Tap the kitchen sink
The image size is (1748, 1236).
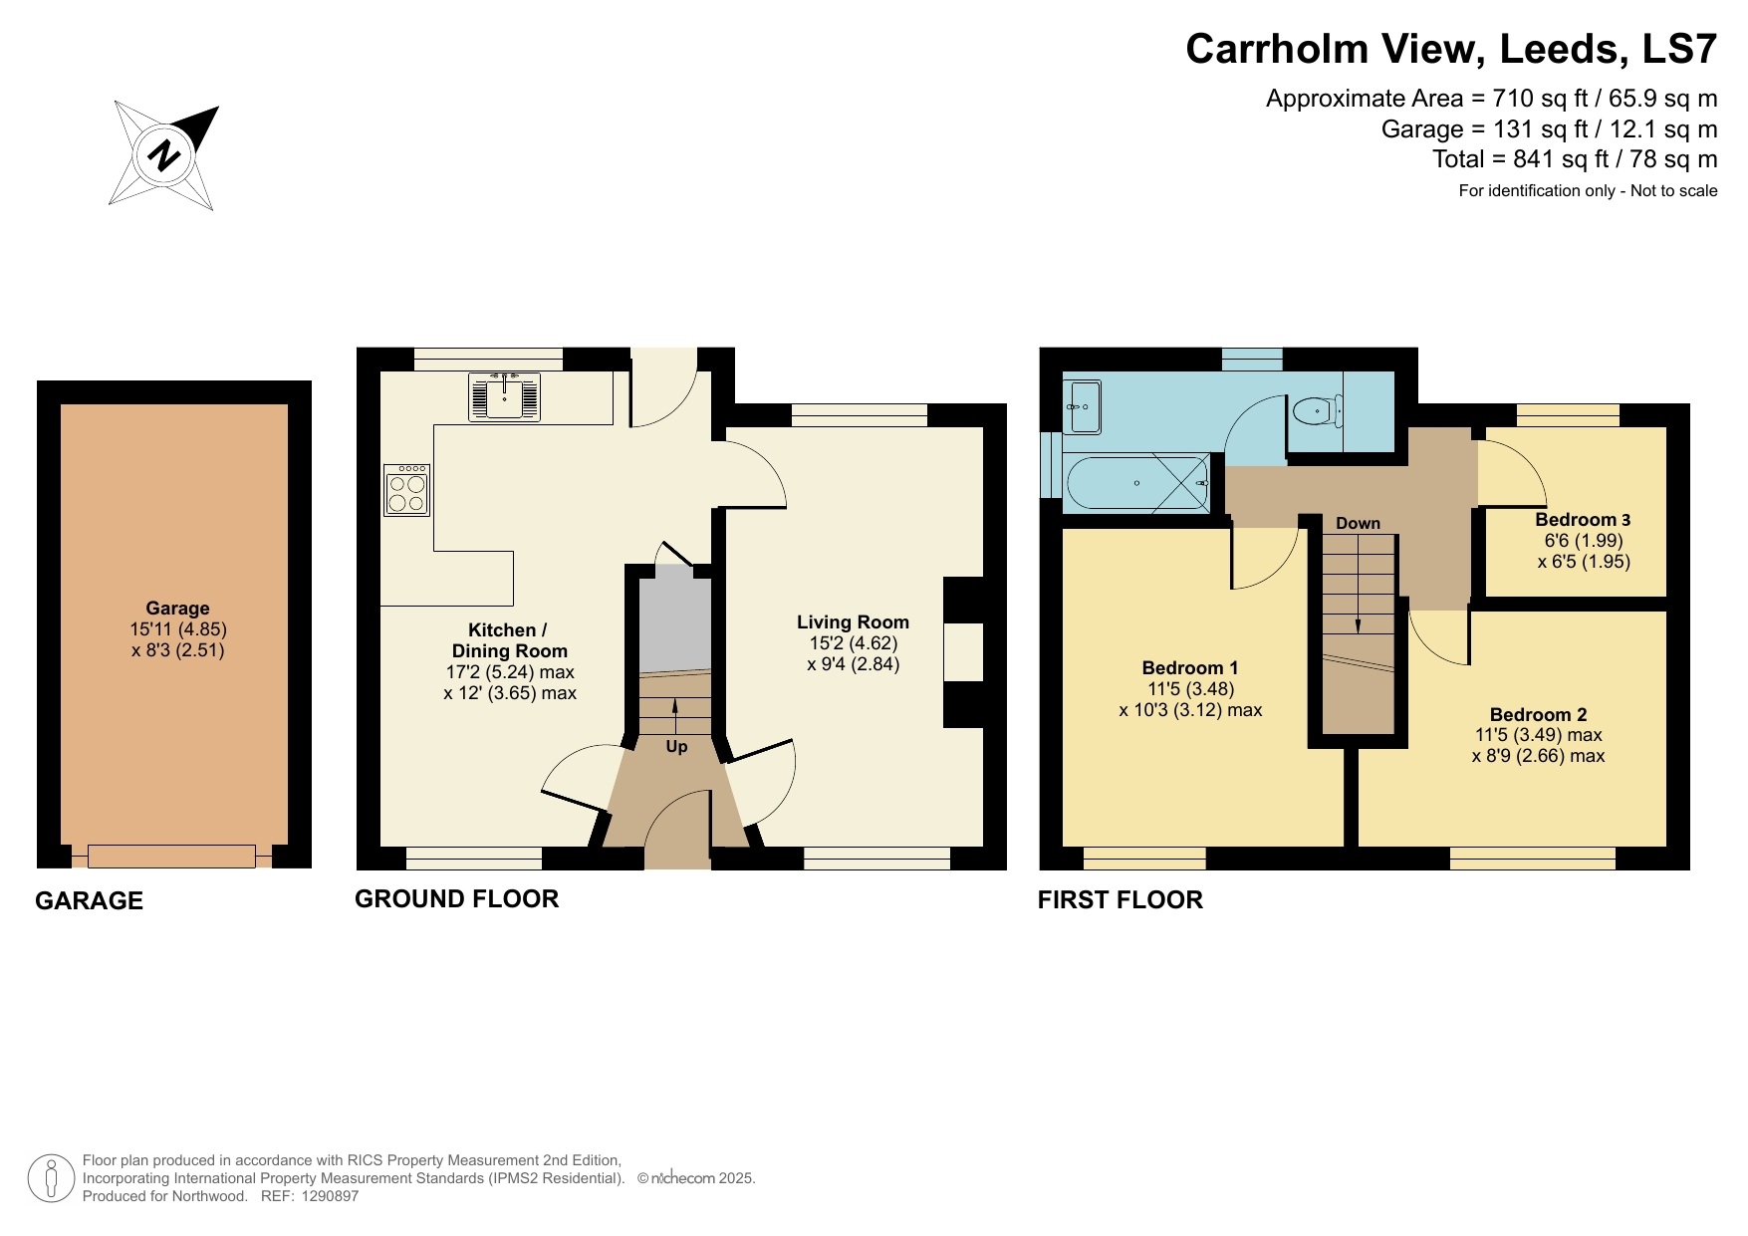(x=505, y=396)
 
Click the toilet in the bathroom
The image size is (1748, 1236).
(x=1317, y=410)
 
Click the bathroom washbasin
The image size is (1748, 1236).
(x=1082, y=407)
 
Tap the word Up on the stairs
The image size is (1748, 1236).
(x=676, y=746)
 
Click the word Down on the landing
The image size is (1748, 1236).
(x=1358, y=523)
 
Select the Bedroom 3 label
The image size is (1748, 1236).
(x=1583, y=520)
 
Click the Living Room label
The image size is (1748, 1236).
(x=853, y=622)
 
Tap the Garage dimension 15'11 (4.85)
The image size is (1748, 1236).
(x=178, y=629)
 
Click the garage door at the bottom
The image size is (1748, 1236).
(x=171, y=856)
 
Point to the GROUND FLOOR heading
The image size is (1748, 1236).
(x=456, y=898)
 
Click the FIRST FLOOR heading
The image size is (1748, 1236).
(x=1120, y=899)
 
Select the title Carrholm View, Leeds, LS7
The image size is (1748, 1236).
(x=1450, y=49)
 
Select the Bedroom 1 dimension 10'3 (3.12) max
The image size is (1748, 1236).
(x=1190, y=710)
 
